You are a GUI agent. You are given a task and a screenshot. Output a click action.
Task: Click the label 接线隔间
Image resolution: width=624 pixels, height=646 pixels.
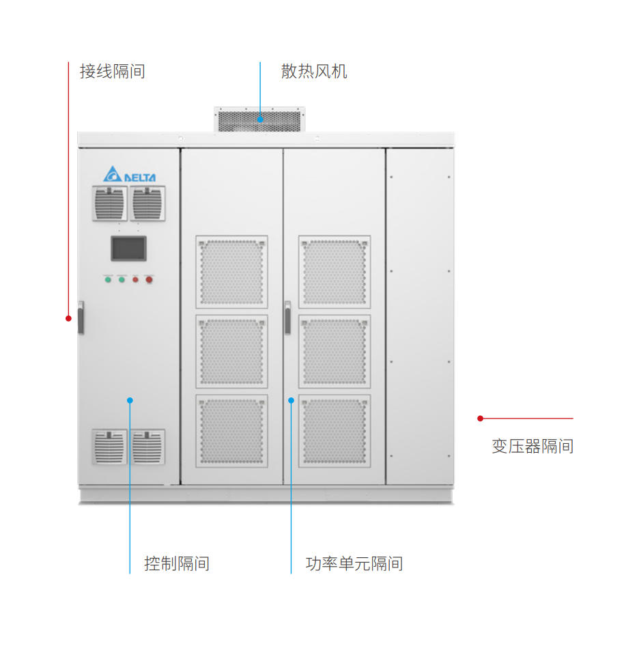coord(112,71)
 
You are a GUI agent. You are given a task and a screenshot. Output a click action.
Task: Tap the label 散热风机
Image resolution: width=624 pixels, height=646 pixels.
coord(314,71)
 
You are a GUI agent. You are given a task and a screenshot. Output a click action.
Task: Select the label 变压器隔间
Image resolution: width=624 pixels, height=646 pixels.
coord(533,447)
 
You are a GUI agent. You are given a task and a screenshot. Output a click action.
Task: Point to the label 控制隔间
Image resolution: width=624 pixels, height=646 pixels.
coord(177,564)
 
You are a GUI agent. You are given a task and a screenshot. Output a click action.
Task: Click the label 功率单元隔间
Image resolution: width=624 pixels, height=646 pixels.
coord(354,564)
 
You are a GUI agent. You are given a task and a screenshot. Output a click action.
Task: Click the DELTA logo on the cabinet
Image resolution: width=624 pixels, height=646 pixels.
coord(130,175)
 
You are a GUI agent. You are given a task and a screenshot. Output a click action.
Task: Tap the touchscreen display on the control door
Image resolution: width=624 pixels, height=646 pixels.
coord(129,249)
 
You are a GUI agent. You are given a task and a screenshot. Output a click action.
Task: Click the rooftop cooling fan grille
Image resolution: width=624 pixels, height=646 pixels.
coord(259,121)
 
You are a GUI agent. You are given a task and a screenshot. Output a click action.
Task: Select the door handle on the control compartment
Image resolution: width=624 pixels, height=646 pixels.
coord(81,318)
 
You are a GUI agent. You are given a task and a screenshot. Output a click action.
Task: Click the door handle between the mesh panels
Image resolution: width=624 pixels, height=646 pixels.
coord(287,318)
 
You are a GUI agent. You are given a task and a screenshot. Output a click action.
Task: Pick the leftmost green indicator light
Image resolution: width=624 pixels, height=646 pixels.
coord(108,279)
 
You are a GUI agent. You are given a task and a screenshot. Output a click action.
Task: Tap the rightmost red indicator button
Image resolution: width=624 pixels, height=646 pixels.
coord(149,279)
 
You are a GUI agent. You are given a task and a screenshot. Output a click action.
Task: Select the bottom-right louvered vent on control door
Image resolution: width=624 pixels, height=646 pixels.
coord(148,447)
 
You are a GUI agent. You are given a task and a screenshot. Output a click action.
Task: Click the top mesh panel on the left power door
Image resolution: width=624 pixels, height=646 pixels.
coord(231,272)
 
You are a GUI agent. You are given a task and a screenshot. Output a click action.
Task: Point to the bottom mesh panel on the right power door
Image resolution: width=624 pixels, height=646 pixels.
coord(335,431)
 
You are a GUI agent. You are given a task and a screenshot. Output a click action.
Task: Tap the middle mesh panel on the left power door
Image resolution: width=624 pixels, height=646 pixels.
coord(231,351)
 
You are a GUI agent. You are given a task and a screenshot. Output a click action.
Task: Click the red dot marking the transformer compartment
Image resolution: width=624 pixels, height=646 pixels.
coord(480,418)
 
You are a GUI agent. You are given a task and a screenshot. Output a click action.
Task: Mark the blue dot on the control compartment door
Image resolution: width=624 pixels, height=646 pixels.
coord(130,400)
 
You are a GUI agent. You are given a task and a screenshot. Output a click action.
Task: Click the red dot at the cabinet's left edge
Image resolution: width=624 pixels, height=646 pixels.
coord(68,318)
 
